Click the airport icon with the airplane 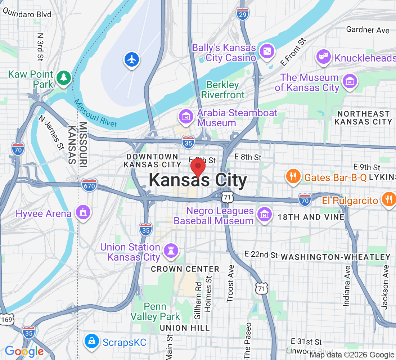click(132, 59)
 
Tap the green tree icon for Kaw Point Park click(64, 77)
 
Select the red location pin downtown click(198, 167)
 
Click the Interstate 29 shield click(243, 14)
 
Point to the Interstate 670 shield click(89, 186)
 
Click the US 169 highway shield click(6, 319)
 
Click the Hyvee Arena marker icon click(83, 212)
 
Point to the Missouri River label click(95, 113)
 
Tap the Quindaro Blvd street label click(27, 14)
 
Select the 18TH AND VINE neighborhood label click(311, 217)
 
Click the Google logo click(24, 351)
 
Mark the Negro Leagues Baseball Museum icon click(264, 215)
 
